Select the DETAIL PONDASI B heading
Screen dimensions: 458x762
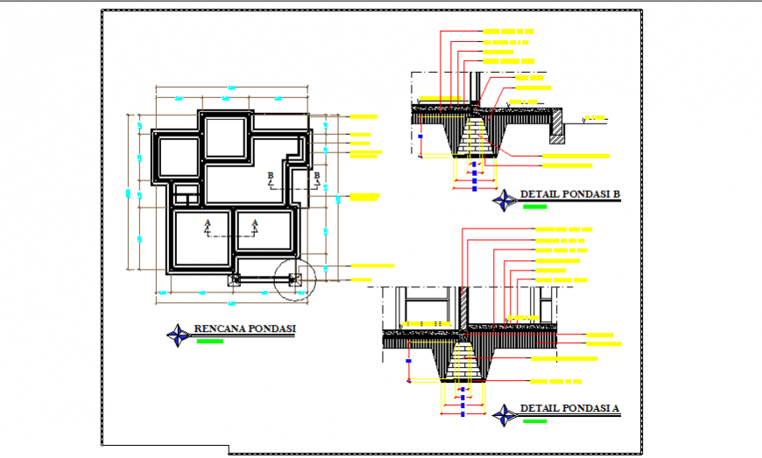tap(570, 194)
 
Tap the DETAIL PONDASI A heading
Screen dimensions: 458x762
tap(569, 408)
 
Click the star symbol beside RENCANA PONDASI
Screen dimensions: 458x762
tap(180, 333)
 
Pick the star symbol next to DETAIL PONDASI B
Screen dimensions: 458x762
tap(505, 200)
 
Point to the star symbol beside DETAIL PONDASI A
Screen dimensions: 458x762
tap(504, 413)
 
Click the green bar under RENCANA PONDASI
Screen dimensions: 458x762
tap(210, 341)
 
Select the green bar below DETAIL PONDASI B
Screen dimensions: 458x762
tap(534, 207)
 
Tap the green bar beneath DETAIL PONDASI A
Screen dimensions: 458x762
tap(533, 421)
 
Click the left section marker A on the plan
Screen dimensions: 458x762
tap(208, 227)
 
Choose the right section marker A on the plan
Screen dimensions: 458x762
tap(255, 227)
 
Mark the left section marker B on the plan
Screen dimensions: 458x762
tap(271, 180)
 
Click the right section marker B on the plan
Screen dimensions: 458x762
tap(316, 180)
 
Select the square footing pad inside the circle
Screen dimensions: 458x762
tap(293, 280)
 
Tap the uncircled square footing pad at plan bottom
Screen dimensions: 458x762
tap(234, 280)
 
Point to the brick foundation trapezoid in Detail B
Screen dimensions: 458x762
tap(474, 137)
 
